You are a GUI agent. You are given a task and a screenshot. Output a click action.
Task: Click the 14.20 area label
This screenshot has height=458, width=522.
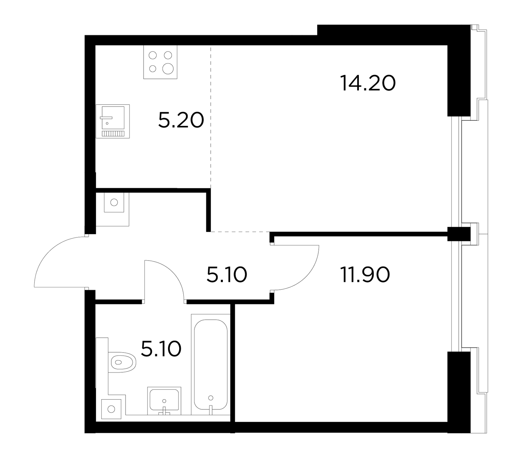pyautogui.click(x=368, y=83)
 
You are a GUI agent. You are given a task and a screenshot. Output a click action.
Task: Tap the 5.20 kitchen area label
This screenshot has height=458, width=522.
pyautogui.click(x=181, y=120)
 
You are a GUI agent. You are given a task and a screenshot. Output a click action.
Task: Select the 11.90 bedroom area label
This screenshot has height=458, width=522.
pyautogui.click(x=365, y=275)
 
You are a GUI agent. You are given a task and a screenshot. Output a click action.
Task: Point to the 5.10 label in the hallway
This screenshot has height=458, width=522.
pyautogui.click(x=227, y=275)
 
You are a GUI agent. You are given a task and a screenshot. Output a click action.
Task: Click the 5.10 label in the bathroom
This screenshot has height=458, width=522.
pyautogui.click(x=161, y=349)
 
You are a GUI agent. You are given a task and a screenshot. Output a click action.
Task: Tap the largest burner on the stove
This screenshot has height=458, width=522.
pyautogui.click(x=168, y=69)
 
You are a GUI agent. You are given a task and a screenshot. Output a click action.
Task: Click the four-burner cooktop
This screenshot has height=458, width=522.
pyautogui.click(x=161, y=62)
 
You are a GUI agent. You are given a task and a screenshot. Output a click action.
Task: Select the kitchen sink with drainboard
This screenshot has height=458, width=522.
pyautogui.click(x=113, y=121)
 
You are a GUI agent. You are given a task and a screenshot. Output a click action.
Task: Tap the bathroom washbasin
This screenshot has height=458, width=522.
pyautogui.click(x=164, y=401)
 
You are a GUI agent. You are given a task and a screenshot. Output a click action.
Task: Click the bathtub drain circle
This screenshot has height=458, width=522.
pyautogui.click(x=211, y=398)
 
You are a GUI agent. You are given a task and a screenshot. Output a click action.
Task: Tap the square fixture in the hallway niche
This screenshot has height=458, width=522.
pyautogui.click(x=114, y=202)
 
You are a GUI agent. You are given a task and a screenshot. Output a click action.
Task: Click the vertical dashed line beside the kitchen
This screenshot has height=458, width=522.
pyautogui.click(x=211, y=117)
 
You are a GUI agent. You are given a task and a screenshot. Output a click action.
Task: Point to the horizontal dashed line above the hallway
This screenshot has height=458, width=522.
pyautogui.click(x=240, y=232)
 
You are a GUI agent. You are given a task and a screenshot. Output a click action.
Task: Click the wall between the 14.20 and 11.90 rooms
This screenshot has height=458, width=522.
pyautogui.click(x=359, y=234)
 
